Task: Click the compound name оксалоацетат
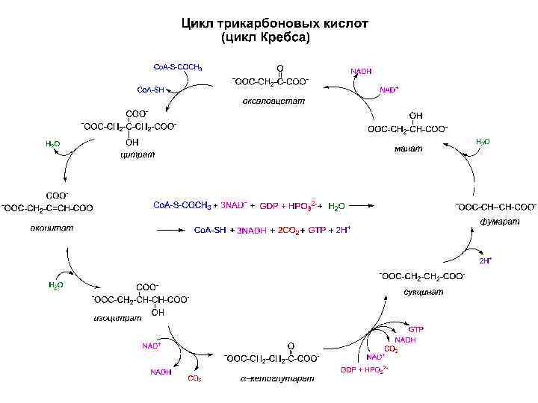coord(274,101)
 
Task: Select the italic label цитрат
coord(137,155)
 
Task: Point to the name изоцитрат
coord(117,319)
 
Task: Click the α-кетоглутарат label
coord(277,378)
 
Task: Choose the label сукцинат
coord(423,292)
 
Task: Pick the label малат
coord(408,148)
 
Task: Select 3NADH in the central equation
coord(251,231)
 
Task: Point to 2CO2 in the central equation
coord(289,231)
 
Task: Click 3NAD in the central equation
coord(234,204)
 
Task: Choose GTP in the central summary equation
coord(318,231)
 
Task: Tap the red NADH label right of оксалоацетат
coord(361,71)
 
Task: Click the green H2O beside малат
coord(483,141)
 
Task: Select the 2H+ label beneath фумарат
coord(485,260)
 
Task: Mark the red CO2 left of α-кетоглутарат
coord(194,378)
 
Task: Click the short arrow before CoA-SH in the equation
coord(180,231)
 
